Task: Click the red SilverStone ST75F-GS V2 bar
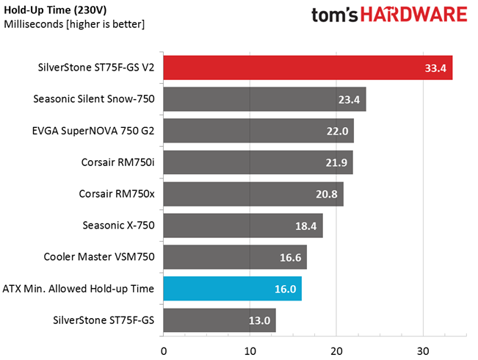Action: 308,68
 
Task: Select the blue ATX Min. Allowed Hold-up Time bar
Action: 233,289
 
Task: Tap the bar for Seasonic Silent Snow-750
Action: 264,99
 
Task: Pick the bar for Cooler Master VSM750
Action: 235,257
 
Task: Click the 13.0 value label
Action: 259,320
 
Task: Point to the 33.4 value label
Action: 435,68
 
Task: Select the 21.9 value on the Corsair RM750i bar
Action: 336,162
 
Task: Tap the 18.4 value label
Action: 305,226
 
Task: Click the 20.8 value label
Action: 327,194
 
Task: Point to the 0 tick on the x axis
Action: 164,351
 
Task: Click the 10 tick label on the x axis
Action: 250,351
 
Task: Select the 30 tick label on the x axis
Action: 423,351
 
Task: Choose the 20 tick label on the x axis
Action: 336,351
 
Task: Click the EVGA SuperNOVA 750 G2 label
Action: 93,131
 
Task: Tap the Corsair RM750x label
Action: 117,194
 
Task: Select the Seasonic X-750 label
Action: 119,226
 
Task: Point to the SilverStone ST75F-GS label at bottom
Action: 104,320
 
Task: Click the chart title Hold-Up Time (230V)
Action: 55,10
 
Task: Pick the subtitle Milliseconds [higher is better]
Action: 74,24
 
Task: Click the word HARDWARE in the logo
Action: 414,15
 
